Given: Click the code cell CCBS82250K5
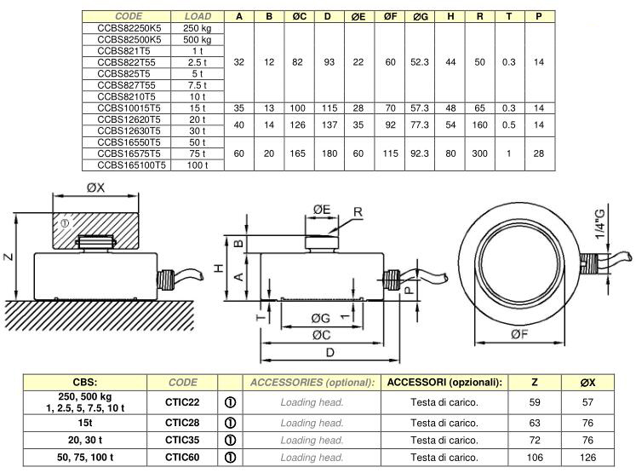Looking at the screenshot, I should [x=129, y=28].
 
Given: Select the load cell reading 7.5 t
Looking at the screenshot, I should [x=198, y=84].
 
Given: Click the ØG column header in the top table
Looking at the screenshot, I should [x=420, y=16].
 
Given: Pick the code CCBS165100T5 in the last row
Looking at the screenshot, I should [x=132, y=164].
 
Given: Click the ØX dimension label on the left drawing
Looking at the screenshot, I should [x=95, y=188].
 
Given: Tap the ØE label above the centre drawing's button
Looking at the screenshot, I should [x=322, y=209].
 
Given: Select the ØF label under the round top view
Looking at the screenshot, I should [x=520, y=335].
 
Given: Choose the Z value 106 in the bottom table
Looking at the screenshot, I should [x=535, y=459].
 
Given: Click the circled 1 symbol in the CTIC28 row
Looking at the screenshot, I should [x=230, y=423].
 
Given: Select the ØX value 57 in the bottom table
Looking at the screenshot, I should [x=587, y=401].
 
